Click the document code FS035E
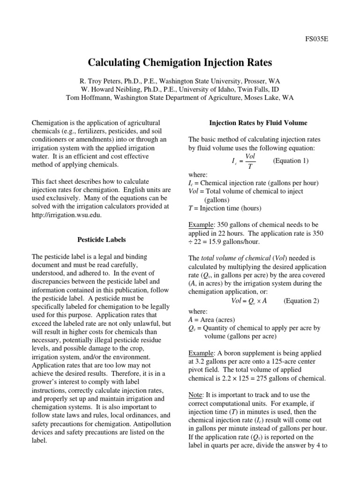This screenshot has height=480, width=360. [x=317, y=39]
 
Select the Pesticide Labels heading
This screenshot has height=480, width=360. [x=101, y=240]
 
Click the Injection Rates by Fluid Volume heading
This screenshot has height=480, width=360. [x=258, y=123]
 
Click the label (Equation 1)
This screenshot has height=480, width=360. [x=290, y=161]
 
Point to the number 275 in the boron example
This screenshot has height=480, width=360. [x=259, y=378]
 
